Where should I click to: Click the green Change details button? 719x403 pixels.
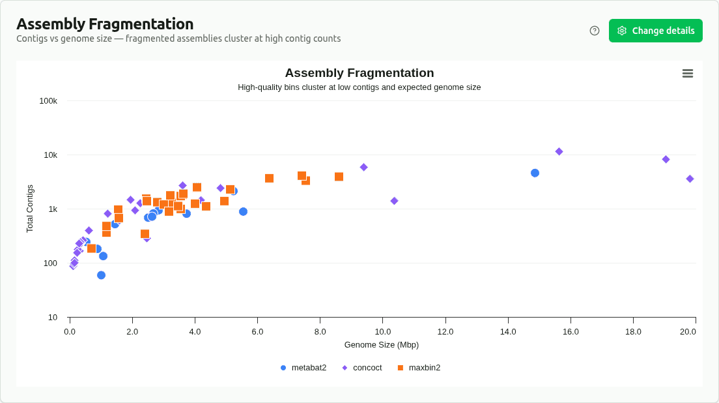(x=655, y=31)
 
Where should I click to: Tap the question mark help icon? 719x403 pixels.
(x=595, y=31)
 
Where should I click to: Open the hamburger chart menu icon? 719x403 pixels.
(x=687, y=74)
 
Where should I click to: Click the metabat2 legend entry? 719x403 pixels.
(x=303, y=368)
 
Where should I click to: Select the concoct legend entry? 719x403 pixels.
(x=362, y=368)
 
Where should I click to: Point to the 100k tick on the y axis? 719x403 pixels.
(x=49, y=101)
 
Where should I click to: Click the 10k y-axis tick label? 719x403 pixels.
(x=51, y=155)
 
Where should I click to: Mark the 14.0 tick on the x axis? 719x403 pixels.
(x=508, y=331)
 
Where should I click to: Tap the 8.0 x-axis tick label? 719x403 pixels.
(x=320, y=331)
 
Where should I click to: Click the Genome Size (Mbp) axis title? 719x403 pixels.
(x=382, y=344)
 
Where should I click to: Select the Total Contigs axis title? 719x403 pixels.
(x=30, y=209)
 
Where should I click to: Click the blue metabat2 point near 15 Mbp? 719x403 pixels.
(x=535, y=173)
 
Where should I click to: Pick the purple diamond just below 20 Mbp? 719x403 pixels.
(x=690, y=179)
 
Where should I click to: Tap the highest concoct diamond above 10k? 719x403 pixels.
(x=559, y=151)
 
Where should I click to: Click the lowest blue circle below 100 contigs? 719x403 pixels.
(x=101, y=275)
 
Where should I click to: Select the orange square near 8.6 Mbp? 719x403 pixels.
(x=339, y=177)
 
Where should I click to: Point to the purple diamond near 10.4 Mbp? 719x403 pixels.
(x=394, y=201)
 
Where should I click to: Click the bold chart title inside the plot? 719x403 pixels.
(x=359, y=73)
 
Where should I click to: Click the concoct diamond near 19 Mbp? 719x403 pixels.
(x=666, y=159)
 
